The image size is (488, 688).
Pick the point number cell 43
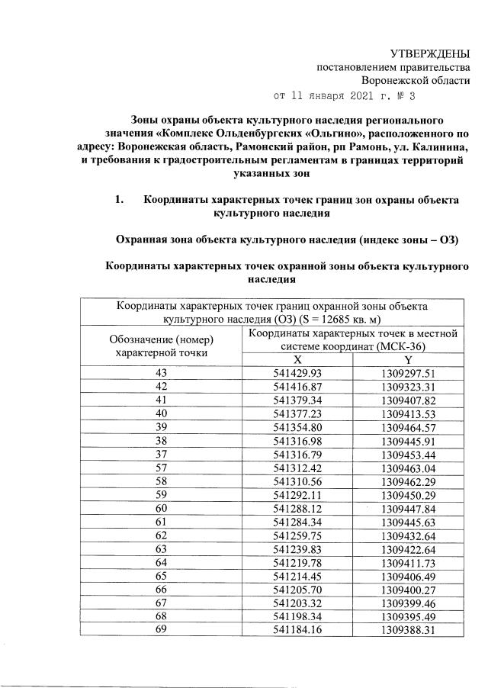click(x=161, y=373)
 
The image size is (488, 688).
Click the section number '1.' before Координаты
click(x=119, y=200)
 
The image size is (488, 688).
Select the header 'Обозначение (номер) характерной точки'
click(x=161, y=346)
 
